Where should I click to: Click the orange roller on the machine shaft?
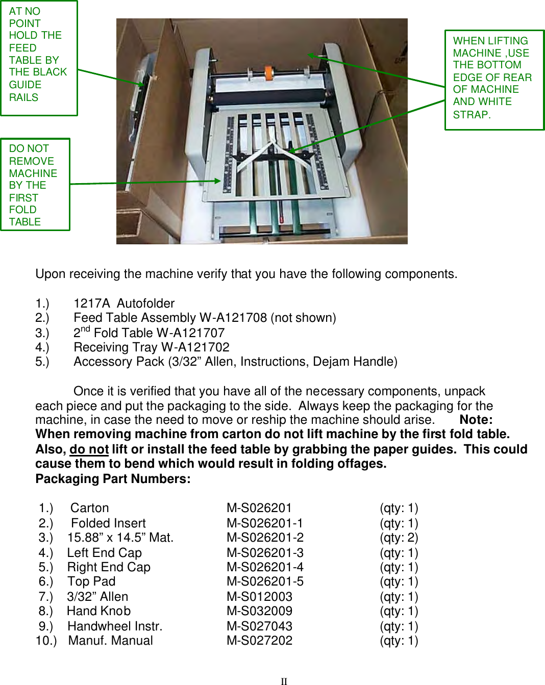click(x=268, y=72)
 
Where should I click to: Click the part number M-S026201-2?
click(x=265, y=538)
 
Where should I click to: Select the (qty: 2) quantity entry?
click(x=399, y=538)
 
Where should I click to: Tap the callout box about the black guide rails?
click(x=39, y=58)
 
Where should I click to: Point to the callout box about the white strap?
click(x=494, y=80)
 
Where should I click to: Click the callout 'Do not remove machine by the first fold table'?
click(x=35, y=185)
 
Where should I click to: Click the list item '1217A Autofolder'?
click(x=123, y=303)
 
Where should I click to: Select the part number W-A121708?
click(x=233, y=318)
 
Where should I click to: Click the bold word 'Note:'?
click(x=476, y=420)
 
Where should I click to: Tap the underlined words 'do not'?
click(x=89, y=449)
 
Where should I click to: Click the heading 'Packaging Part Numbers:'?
click(x=113, y=479)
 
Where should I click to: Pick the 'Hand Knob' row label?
click(x=98, y=611)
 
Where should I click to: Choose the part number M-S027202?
click(x=259, y=641)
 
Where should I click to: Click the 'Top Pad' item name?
click(x=91, y=581)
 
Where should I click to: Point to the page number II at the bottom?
click(x=284, y=681)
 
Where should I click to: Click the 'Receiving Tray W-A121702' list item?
click(x=151, y=347)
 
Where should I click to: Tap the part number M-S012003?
click(x=259, y=597)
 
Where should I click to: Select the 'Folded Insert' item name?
click(x=108, y=523)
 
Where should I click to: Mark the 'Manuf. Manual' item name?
click(x=110, y=641)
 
